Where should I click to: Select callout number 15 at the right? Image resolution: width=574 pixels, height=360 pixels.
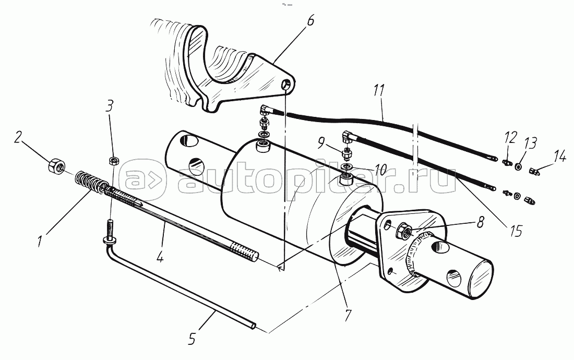coord(516,230)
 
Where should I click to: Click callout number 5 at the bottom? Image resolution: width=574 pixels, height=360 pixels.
coord(191,340)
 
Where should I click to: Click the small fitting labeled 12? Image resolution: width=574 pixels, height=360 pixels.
coord(505,164)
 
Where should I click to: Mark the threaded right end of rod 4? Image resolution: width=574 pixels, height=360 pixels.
coord(250,255)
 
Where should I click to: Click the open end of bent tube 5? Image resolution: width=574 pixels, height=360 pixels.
coord(254,327)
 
